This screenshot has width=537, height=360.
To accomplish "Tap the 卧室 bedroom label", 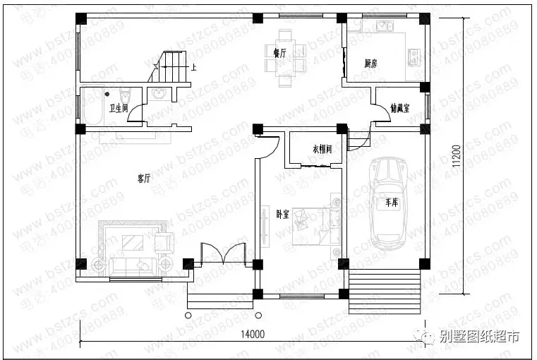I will coord(282,214).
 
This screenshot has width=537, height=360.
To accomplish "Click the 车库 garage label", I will coord(392,203).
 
